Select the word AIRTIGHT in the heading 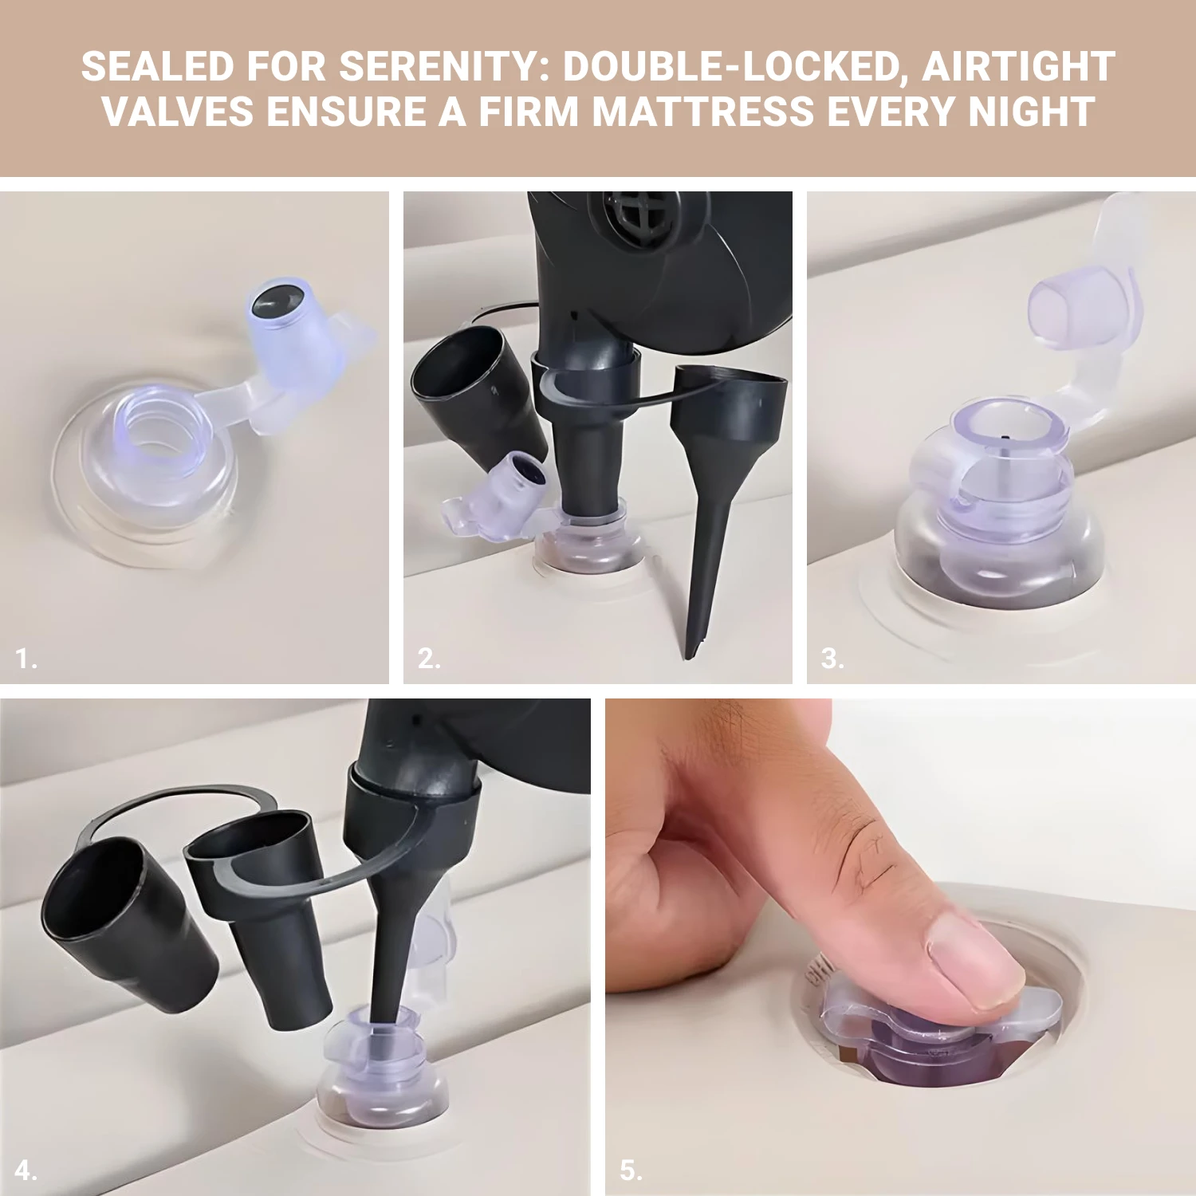pyautogui.click(x=1019, y=67)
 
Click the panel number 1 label pyautogui.click(x=26, y=659)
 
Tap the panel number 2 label pyautogui.click(x=429, y=659)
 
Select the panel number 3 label pyautogui.click(x=832, y=659)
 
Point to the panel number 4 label pyautogui.click(x=26, y=1170)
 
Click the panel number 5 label pyautogui.click(x=631, y=1170)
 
